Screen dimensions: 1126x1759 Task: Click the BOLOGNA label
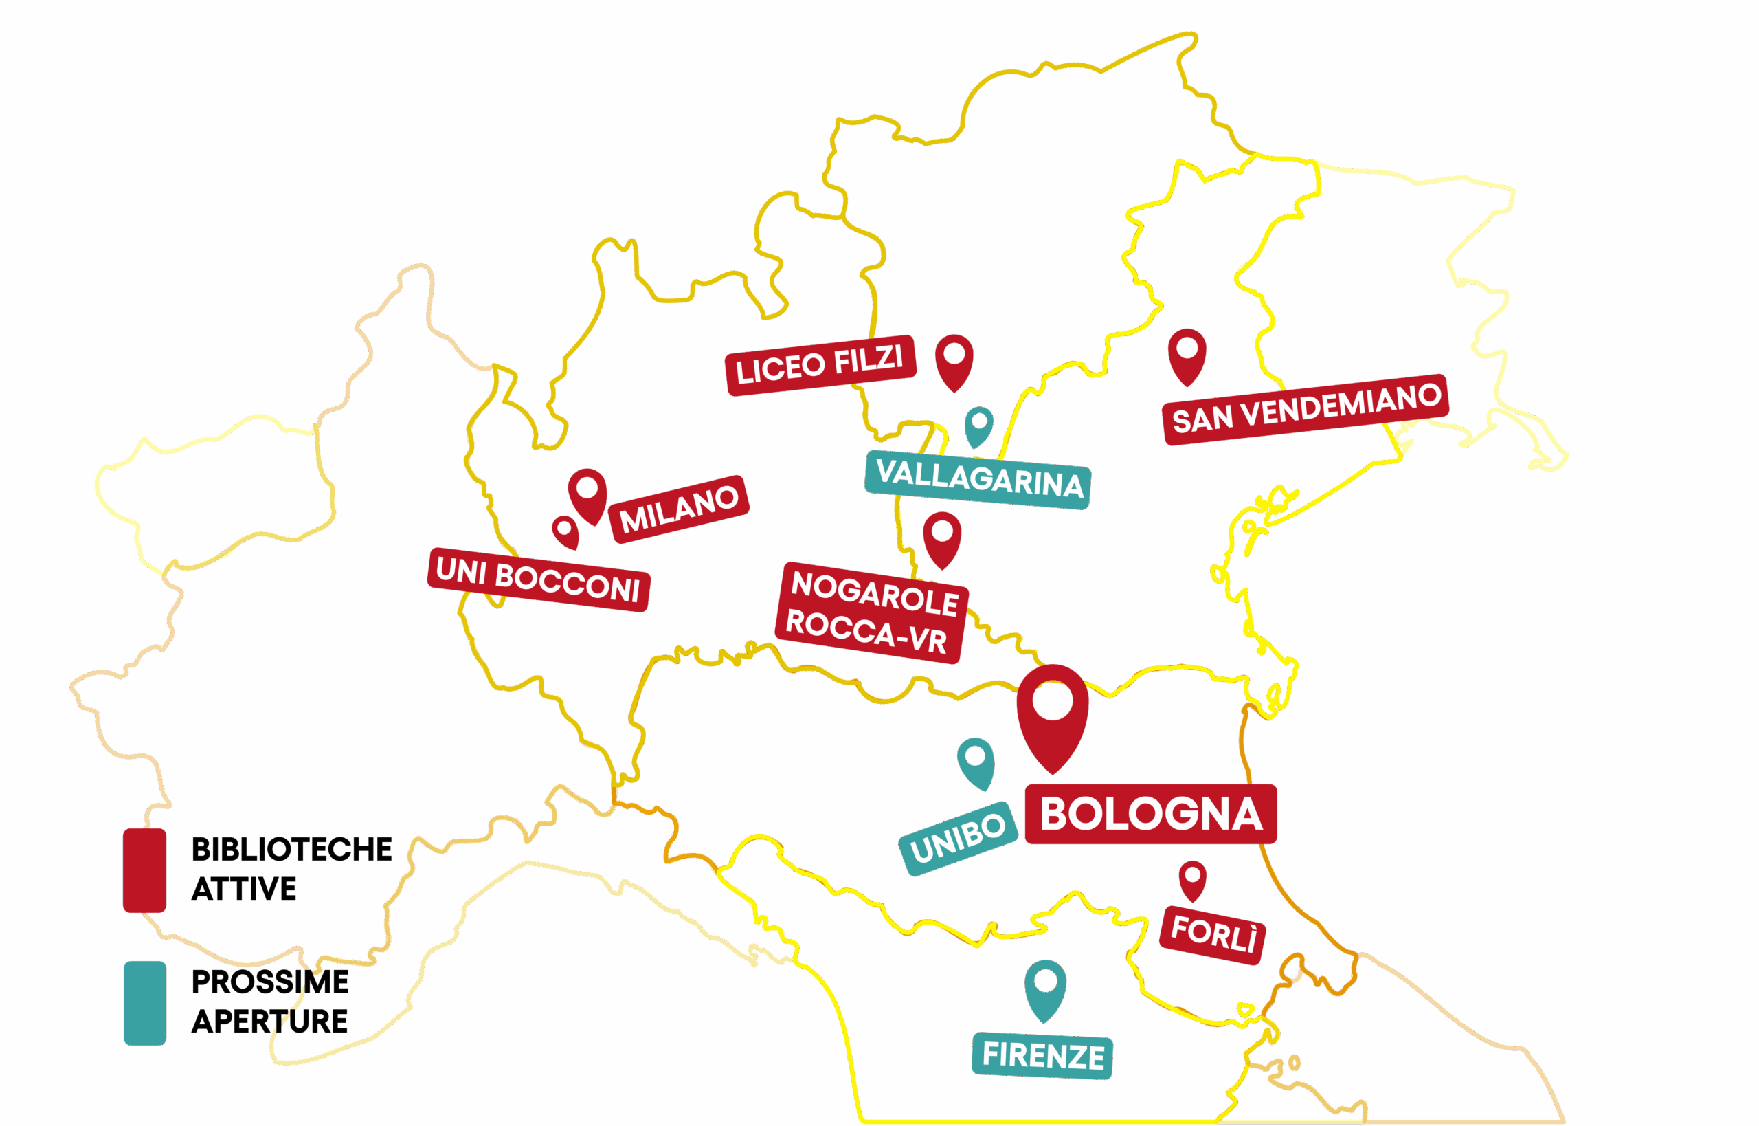[1150, 814]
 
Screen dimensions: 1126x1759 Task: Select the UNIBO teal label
[958, 838]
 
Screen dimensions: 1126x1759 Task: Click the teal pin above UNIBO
[976, 760]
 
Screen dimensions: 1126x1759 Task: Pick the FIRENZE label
[1042, 1057]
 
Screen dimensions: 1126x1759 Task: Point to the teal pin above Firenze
[1045, 986]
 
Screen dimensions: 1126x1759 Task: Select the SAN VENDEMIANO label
[1306, 409]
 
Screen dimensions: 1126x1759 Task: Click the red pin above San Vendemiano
[1187, 353]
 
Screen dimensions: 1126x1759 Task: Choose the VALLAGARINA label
[978, 479]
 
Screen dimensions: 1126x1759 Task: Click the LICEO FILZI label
[820, 365]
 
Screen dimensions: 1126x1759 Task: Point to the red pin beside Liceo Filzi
[954, 360]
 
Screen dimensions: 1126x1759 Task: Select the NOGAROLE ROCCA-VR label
[871, 612]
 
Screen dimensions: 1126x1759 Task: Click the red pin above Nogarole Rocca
[942, 537]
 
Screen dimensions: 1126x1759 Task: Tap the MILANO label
[679, 508]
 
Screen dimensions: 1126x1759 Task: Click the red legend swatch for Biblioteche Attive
[145, 870]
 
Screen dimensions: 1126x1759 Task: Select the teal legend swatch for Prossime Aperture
[145, 1002]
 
